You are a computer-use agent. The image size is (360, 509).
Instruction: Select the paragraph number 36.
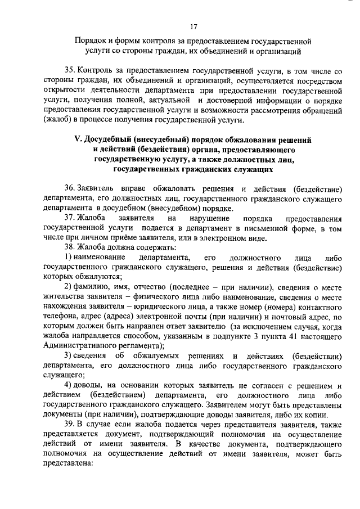(70, 188)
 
